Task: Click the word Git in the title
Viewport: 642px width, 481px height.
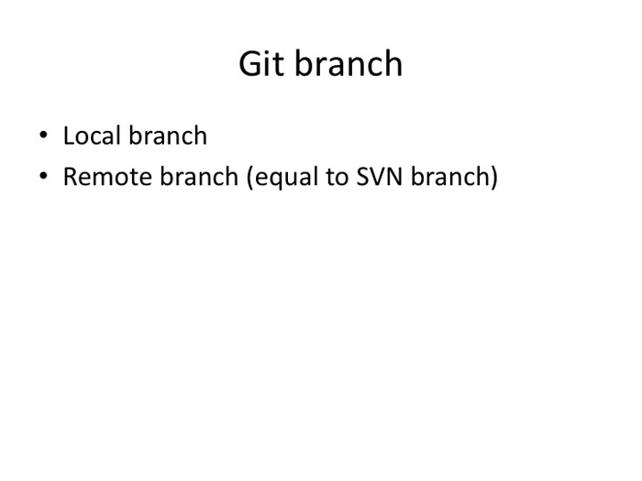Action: coord(261,64)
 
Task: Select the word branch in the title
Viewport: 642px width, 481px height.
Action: coord(349,63)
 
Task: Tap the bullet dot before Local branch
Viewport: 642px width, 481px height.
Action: coord(43,134)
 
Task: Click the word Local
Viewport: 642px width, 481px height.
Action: coord(93,136)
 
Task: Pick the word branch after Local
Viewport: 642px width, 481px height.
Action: coord(168,135)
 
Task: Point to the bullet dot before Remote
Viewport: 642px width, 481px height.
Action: coord(43,176)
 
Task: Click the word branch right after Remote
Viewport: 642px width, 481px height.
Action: coord(199,176)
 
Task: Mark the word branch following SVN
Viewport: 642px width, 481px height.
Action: coord(449,176)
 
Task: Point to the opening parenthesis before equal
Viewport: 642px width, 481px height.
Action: coord(249,178)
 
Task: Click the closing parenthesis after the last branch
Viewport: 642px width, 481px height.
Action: coord(493,178)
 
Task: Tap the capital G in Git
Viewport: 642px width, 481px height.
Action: coord(251,64)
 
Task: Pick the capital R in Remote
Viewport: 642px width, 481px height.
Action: coord(72,177)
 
